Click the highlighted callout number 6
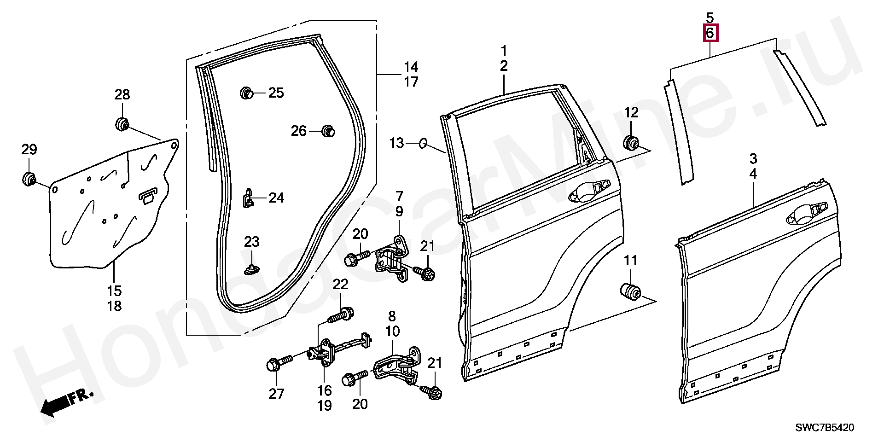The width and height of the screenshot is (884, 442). [710, 33]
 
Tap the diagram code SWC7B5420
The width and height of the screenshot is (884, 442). [825, 428]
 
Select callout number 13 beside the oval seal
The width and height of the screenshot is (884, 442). [396, 143]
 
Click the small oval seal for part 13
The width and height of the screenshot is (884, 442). [423, 144]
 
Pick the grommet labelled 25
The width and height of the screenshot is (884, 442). [247, 93]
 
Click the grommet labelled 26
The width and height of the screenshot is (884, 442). [328, 131]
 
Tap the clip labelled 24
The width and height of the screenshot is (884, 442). [248, 198]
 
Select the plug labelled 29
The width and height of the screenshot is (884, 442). [29, 179]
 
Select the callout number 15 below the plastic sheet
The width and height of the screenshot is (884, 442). [115, 291]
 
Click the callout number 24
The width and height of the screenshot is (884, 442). [276, 198]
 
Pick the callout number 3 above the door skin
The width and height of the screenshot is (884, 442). [753, 158]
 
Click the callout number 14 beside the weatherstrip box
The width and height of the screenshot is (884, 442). [411, 67]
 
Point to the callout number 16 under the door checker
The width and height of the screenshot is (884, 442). [324, 390]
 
